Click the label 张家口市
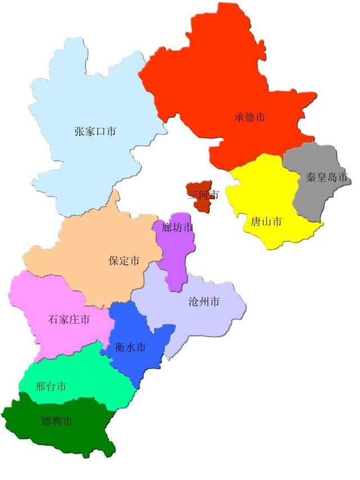point(95,132)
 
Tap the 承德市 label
point(250,118)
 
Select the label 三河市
point(202,195)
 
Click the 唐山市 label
point(266,221)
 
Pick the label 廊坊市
point(177,228)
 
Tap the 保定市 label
point(124,261)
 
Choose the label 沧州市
point(204,302)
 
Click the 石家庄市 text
point(69,320)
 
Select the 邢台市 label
point(51,387)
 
